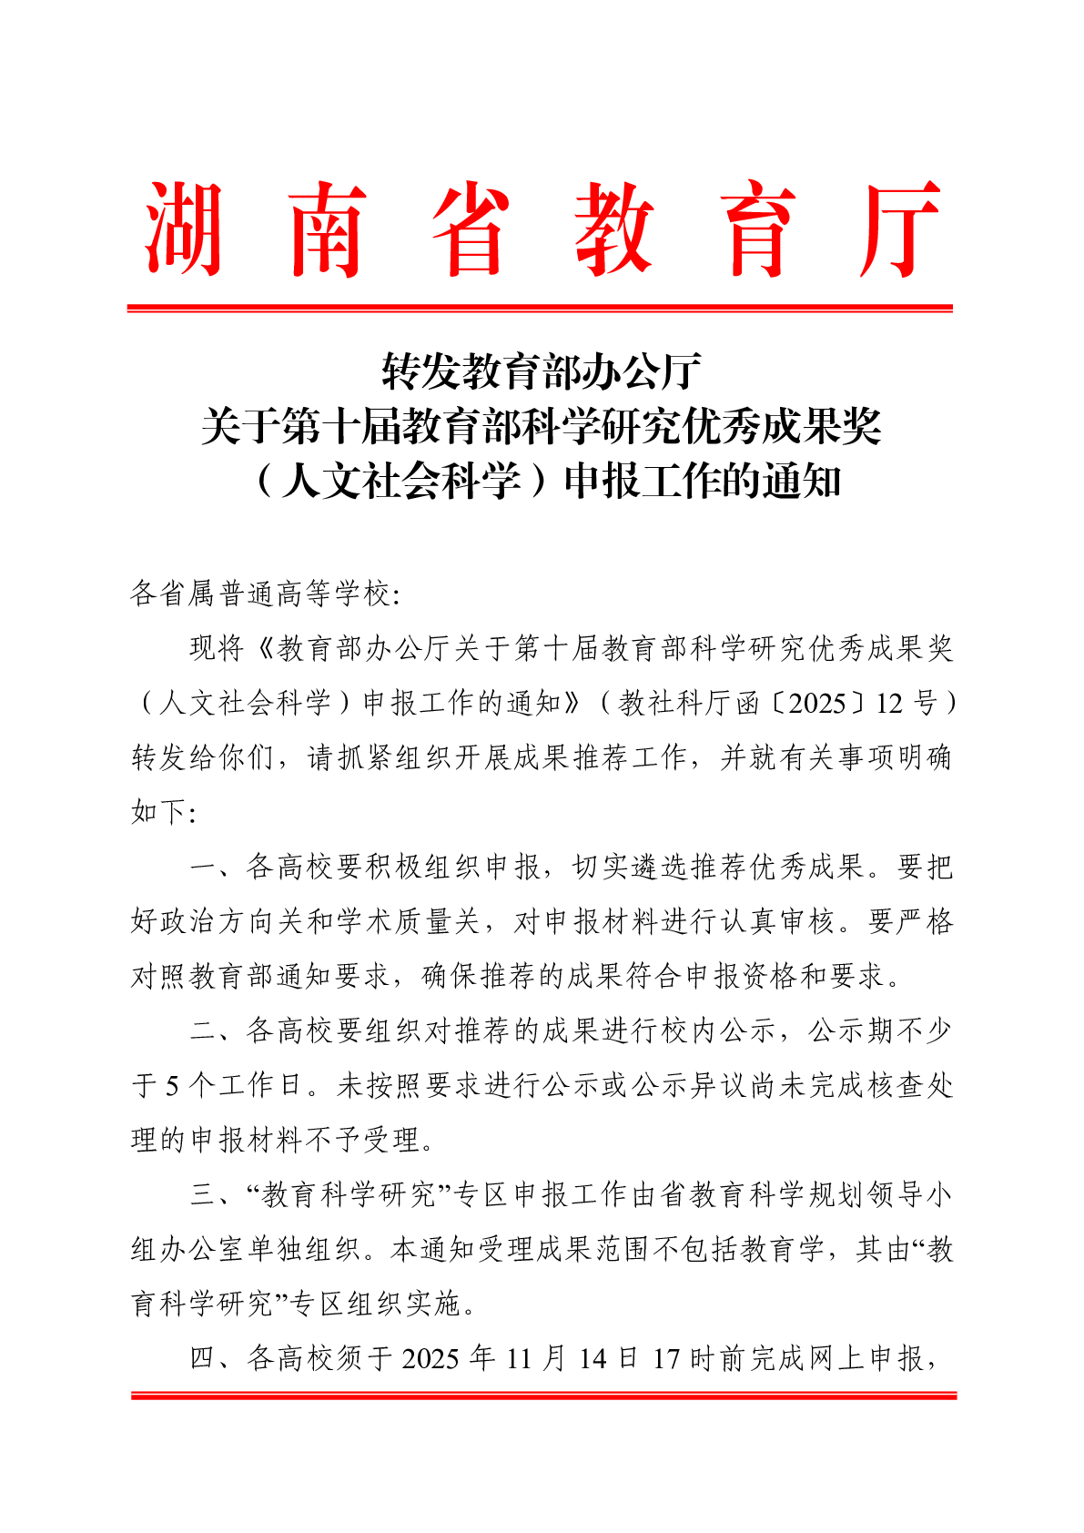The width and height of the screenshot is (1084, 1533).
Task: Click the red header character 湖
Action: tap(183, 229)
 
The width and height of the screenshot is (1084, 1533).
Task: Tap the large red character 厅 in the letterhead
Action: tap(899, 229)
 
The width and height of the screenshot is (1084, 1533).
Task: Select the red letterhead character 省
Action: tap(470, 229)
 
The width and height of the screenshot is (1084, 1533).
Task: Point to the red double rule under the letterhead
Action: tap(540, 309)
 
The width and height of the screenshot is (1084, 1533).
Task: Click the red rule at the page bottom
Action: tap(543, 1395)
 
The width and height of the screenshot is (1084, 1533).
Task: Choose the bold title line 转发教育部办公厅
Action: tap(541, 371)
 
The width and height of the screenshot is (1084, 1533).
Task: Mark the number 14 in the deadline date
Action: tap(592, 1358)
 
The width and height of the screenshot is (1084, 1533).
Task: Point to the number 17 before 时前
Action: tap(666, 1358)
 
